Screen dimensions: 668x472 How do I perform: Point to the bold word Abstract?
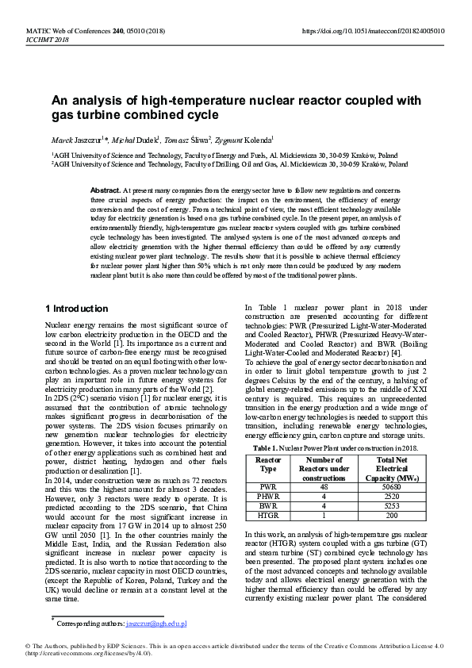(105, 191)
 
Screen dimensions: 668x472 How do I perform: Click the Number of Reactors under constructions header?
(324, 469)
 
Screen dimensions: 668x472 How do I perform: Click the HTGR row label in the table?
(269, 515)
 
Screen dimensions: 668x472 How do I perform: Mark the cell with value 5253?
(386, 506)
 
